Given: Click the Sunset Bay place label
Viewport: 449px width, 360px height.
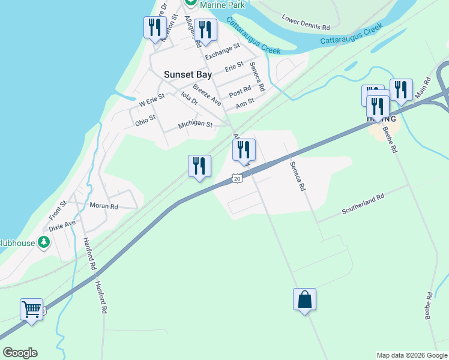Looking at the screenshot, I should [187, 75].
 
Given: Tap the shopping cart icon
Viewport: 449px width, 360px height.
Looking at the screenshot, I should [31, 310].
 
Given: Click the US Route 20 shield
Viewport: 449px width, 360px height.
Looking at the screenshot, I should [238, 178].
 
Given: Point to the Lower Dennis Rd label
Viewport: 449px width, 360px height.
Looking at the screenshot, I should [306, 23].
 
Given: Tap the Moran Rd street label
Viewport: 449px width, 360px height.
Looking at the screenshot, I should [104, 206].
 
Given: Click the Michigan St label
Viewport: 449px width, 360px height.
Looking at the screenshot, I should [195, 125].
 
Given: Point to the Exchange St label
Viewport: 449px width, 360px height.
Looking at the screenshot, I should [222, 50].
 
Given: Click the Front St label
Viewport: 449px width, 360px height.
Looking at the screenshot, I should [58, 210].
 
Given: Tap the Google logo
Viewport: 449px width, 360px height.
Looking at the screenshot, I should [20, 353].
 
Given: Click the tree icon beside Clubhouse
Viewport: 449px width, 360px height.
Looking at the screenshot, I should [43, 242].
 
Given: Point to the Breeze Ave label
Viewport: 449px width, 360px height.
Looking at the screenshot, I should [207, 95].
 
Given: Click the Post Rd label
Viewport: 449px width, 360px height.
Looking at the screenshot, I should [240, 90].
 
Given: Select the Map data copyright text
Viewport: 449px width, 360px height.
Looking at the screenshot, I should [412, 355].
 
